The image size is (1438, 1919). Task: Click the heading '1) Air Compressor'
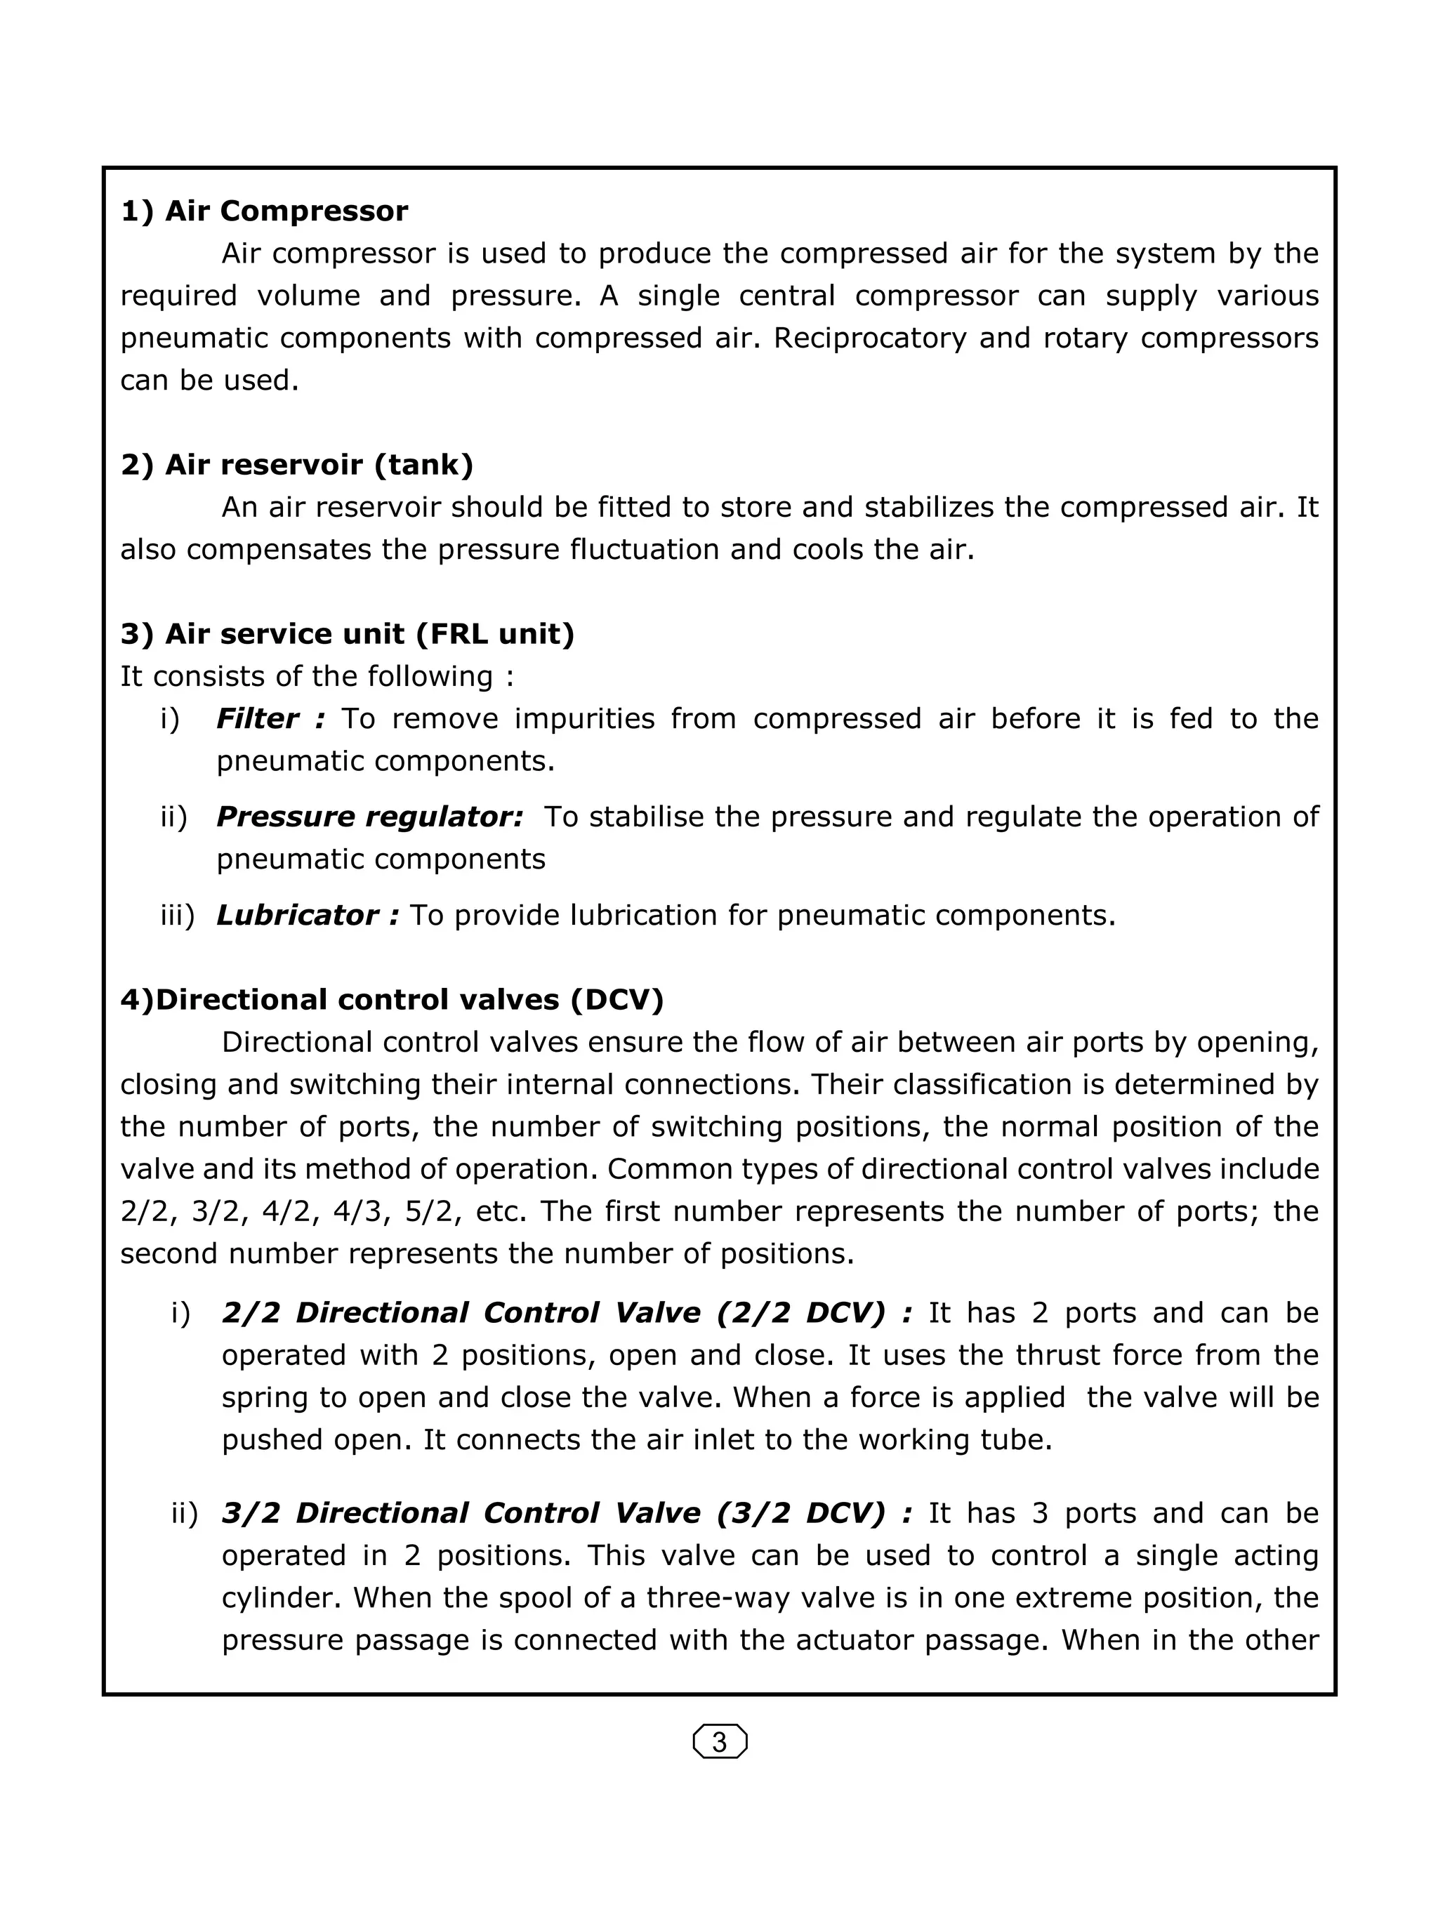(264, 211)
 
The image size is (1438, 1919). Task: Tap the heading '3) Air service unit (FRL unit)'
(347, 634)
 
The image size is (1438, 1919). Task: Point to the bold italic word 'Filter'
(257, 718)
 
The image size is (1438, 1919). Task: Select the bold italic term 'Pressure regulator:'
(369, 817)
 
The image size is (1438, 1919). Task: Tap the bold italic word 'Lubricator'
(296, 915)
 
